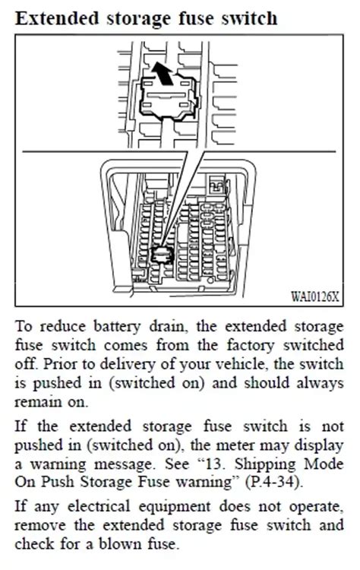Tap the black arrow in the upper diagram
(159, 73)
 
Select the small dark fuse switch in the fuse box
(162, 254)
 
